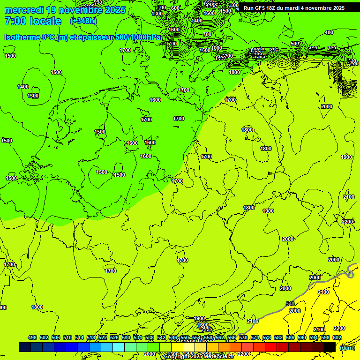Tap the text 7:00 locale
[x=33, y=21]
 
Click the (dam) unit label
[x=347, y=347]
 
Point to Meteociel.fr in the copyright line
[x=216, y=357]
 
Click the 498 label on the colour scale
[x=32, y=338]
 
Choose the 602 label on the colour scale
[x=337, y=338]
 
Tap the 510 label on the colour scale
[x=67, y=338]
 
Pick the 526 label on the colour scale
[x=114, y=338]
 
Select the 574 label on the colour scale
[x=255, y=338]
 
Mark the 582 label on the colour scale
[x=278, y=338]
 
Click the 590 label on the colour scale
[x=302, y=338]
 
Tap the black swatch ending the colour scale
[x=330, y=347]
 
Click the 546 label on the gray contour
[x=290, y=304]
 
